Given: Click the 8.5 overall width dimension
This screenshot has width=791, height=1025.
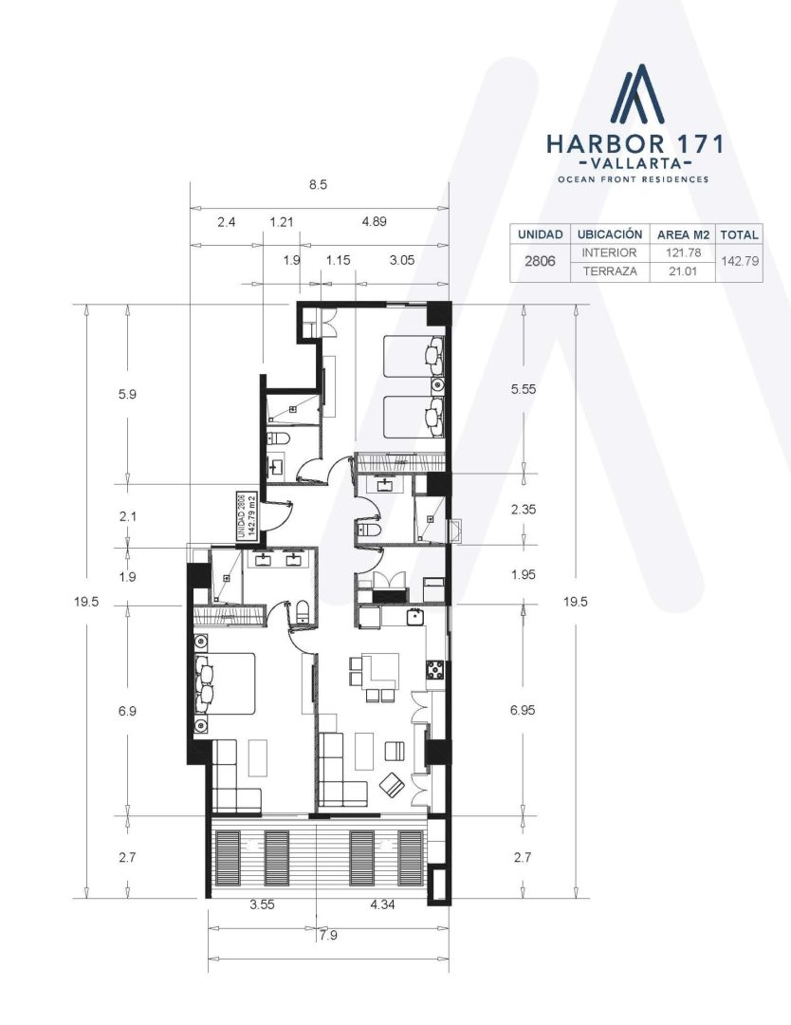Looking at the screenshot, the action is pos(318,185).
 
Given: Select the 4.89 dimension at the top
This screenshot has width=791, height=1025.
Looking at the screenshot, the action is pos(375,221).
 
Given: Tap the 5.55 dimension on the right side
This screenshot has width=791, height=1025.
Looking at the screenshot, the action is pos(524,389).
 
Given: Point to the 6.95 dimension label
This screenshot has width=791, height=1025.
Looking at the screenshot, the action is pos(524,710).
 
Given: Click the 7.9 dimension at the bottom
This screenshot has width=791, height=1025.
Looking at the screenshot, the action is pos(328,936).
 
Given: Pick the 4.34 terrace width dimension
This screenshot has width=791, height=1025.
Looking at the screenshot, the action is pos(382,905).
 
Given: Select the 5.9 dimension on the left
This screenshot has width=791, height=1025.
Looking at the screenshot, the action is pos(127,395).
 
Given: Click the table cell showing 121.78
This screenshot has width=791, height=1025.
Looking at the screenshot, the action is pos(683,252).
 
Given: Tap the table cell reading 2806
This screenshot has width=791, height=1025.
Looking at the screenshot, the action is pos(541,261).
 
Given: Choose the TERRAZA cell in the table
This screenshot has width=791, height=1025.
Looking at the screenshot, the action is pos(610,271).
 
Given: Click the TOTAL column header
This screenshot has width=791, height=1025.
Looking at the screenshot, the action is pos(740,234).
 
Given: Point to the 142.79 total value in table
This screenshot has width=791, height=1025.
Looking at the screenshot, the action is pos(740,261).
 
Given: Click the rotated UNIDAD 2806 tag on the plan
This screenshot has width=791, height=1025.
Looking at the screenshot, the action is pos(246,515).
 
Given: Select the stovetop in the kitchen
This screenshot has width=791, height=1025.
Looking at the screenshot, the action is pos(435,670).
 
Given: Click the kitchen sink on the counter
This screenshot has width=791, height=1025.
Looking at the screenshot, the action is pos(414,617).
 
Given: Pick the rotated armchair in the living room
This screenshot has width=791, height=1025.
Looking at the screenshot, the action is pos(392,785).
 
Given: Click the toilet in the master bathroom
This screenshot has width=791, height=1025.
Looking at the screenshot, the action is pos(303,612).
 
